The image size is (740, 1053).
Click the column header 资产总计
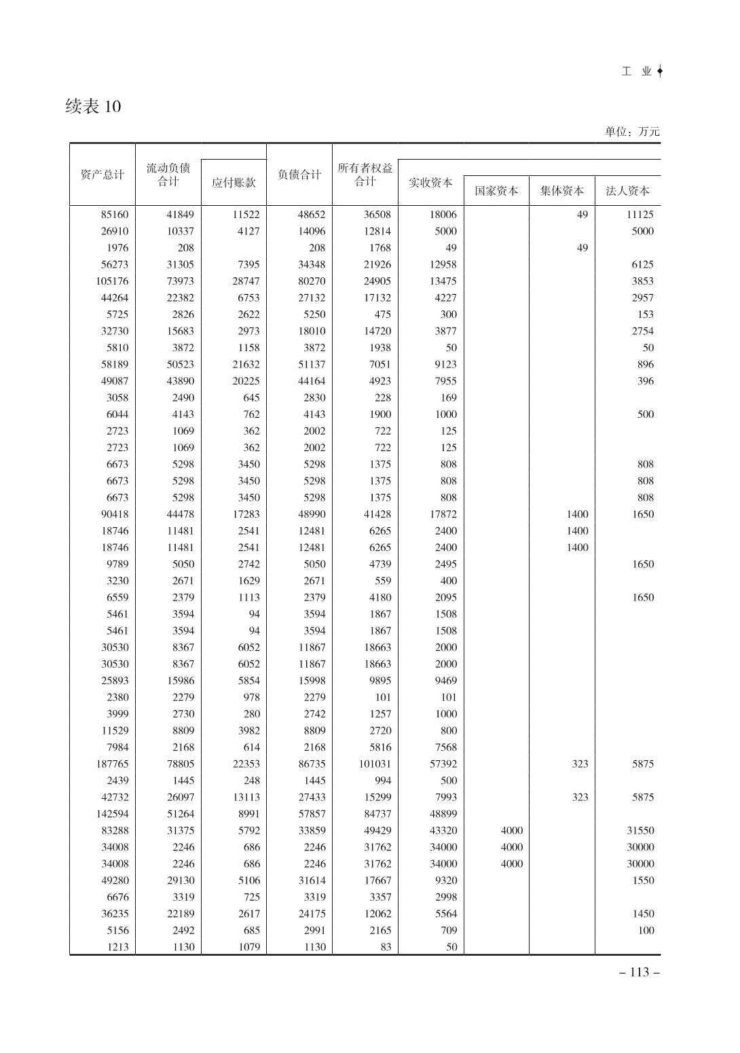(x=102, y=175)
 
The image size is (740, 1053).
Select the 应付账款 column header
(x=234, y=183)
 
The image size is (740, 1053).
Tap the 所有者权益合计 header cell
(x=365, y=175)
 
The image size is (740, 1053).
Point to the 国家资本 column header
(x=496, y=191)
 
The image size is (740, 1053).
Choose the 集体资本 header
(x=561, y=191)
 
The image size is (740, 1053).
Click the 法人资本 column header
(x=627, y=191)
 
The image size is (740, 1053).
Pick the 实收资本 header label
(x=430, y=183)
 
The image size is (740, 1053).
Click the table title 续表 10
(x=93, y=107)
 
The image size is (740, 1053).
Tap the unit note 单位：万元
(x=631, y=132)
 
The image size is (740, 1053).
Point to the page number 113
(x=640, y=972)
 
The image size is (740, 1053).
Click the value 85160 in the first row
(x=114, y=215)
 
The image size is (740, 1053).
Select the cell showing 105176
(x=112, y=281)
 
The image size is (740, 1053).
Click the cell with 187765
(x=112, y=764)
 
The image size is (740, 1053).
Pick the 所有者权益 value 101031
(x=375, y=764)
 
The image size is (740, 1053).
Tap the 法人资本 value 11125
(x=640, y=215)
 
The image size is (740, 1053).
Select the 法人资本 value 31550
(x=640, y=831)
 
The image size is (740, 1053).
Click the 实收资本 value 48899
(x=443, y=814)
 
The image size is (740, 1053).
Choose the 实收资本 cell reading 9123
(x=445, y=365)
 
